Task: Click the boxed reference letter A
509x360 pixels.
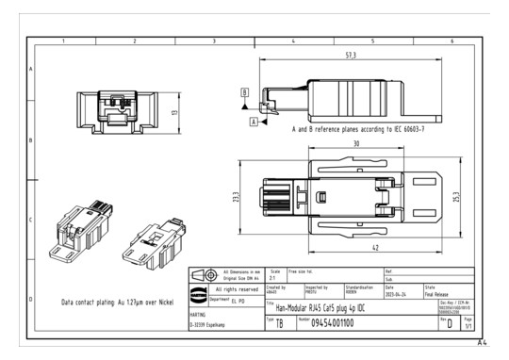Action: pyautogui.click(x=253, y=123)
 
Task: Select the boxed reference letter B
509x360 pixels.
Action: pyautogui.click(x=246, y=92)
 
